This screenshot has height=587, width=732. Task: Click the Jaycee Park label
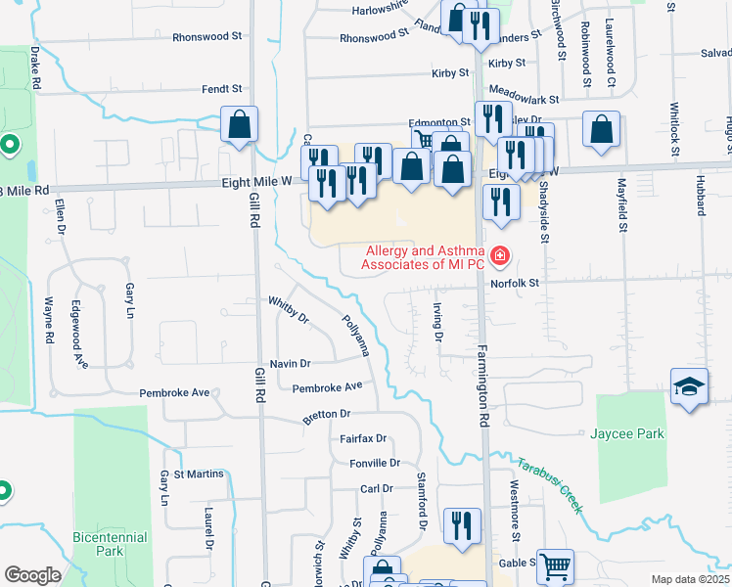coord(627,433)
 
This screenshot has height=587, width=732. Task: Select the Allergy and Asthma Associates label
coord(424,257)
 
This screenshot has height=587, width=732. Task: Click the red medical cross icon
coord(501,257)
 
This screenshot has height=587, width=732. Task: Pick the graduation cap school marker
coord(689,387)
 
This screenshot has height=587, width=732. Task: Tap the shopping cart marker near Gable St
coord(556,564)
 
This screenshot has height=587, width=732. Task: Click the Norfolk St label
coord(516,283)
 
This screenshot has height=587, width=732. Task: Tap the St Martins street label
coord(199,474)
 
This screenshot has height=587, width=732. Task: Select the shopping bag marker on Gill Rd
coord(239,124)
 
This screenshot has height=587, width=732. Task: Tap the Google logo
coord(32,574)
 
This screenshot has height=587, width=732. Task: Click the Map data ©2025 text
coord(689,579)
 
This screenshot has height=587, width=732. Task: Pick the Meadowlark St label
coord(524,99)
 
